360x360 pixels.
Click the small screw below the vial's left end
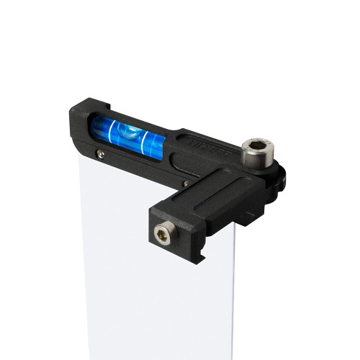[99, 153]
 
